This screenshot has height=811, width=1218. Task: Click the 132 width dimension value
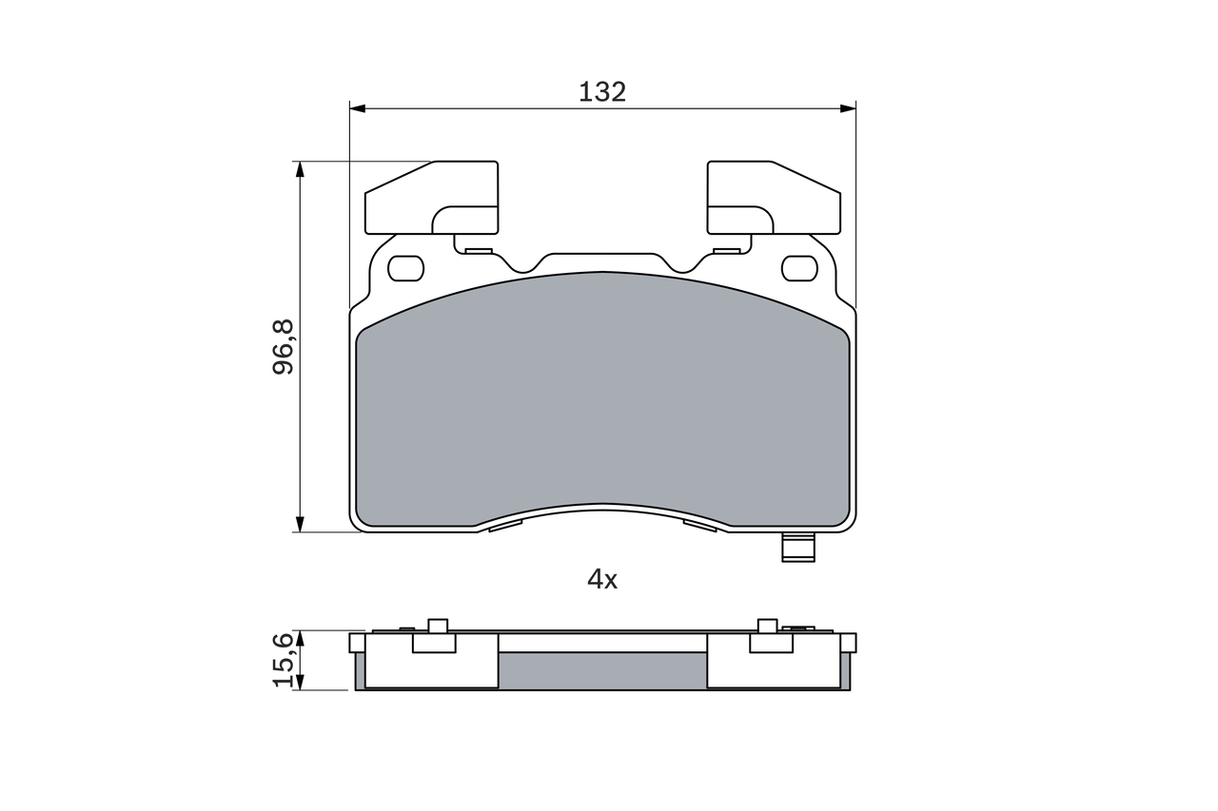602,92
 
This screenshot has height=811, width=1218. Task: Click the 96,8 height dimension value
285,347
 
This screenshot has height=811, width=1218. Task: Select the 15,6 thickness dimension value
285,660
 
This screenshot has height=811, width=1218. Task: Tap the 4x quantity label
602,579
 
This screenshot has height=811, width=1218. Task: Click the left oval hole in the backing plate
406,268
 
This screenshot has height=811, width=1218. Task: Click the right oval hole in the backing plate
799,268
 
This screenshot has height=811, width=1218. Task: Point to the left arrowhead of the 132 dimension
358,108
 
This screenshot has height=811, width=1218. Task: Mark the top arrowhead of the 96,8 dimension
300,169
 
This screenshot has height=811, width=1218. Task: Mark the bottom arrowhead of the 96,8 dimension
300,524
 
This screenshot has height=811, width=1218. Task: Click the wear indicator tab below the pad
797,548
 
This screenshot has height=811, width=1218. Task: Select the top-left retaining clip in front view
432,198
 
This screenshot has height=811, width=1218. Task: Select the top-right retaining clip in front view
773,198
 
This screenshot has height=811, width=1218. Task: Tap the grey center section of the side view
602,670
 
